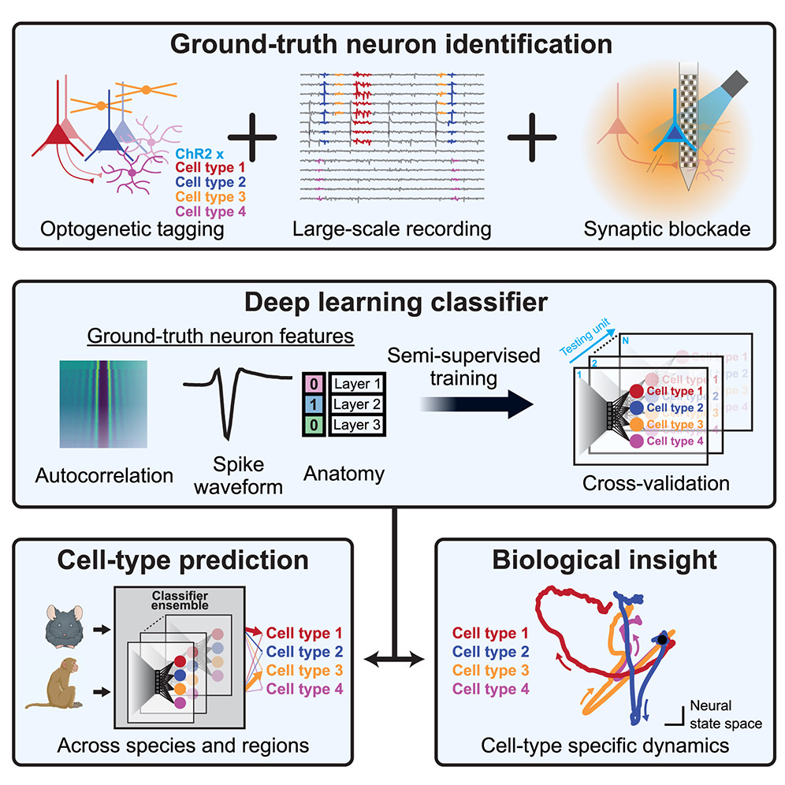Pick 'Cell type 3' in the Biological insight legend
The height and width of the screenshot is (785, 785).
(x=490, y=671)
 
